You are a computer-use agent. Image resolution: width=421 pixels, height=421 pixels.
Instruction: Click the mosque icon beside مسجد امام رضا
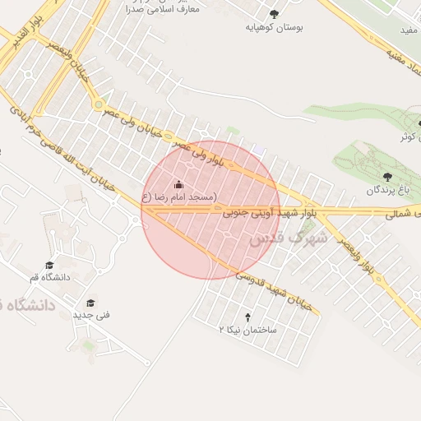179,184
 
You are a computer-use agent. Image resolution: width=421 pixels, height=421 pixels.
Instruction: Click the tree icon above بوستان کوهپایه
275,14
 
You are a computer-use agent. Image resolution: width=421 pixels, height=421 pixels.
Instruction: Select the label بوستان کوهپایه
275,27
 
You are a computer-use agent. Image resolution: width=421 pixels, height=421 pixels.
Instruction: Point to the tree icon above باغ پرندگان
387,177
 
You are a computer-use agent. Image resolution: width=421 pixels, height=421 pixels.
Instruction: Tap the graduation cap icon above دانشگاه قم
50,265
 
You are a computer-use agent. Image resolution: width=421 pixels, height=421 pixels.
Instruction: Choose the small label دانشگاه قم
50,278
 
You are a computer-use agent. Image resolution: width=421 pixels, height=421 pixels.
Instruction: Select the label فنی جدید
90,315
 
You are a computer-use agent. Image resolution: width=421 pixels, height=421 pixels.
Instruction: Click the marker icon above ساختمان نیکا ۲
248,316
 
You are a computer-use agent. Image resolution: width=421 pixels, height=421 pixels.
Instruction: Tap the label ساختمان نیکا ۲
248,329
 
